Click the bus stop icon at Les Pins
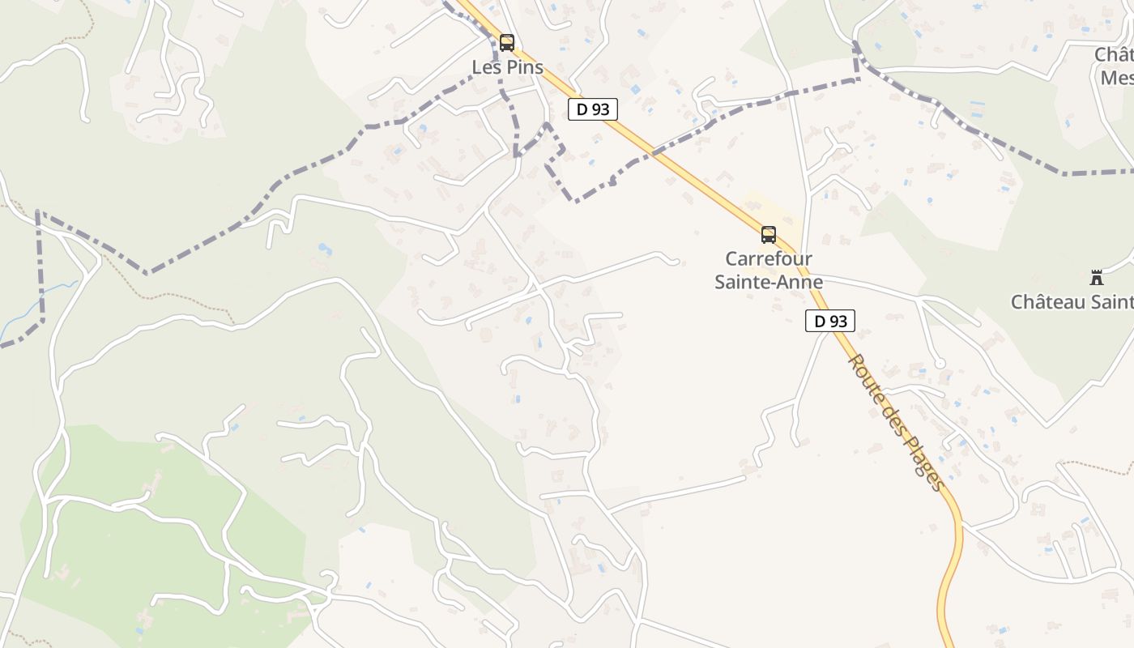click(x=507, y=43)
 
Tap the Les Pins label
click(x=508, y=67)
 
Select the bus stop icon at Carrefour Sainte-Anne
click(x=769, y=235)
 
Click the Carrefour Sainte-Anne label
click(x=769, y=271)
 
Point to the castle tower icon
click(x=1097, y=278)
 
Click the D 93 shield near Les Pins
click(x=593, y=109)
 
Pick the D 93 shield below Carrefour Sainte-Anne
click(x=830, y=321)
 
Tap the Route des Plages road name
click(x=896, y=422)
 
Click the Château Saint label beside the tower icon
click(x=1072, y=302)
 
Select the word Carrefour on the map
click(x=769, y=259)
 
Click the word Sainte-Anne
click(x=769, y=282)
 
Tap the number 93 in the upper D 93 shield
click(x=600, y=109)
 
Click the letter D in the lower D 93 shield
click(x=820, y=321)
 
